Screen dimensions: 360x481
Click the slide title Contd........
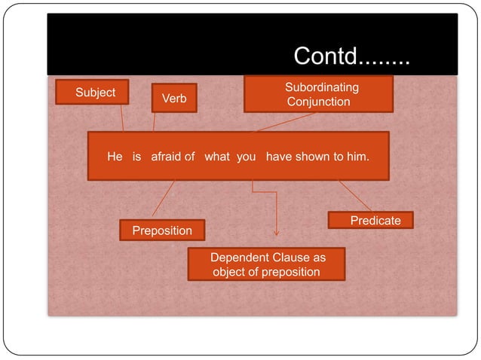click(x=351, y=56)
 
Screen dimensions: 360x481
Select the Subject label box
click(x=95, y=93)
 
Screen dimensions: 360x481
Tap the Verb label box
click(x=174, y=99)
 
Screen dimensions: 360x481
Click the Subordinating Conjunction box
click(x=318, y=94)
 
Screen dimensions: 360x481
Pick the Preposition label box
click(x=162, y=230)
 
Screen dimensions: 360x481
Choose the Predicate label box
click(x=370, y=220)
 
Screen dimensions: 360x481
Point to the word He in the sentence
click(x=115, y=157)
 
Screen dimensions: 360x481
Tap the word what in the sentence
click(x=217, y=157)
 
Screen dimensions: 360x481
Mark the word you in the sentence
click(x=247, y=157)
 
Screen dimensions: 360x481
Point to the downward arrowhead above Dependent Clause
click(x=277, y=233)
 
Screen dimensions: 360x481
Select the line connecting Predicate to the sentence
click(x=354, y=195)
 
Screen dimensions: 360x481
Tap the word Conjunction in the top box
click(x=318, y=102)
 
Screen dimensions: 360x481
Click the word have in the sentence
click(x=280, y=157)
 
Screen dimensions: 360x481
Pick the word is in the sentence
click(x=136, y=157)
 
